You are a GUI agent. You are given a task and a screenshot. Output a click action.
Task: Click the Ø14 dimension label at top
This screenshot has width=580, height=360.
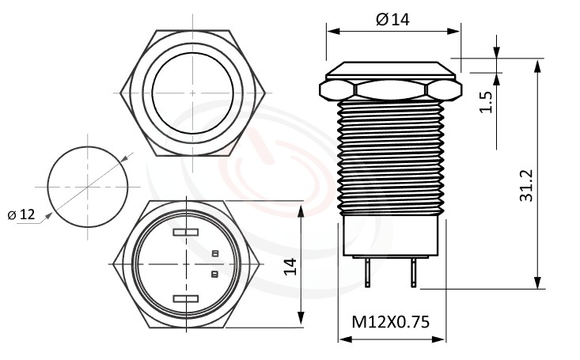point(393,20)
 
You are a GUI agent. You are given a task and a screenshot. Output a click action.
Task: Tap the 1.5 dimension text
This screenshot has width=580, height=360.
point(487,102)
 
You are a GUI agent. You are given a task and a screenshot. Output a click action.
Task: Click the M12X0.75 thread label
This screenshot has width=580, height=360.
point(389,322)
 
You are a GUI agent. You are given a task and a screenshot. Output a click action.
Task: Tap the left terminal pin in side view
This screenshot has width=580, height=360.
point(368,274)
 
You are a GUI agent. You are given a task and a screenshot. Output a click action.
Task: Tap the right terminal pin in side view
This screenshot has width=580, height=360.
point(412,274)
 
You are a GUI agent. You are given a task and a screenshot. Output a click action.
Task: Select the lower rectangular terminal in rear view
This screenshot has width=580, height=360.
point(184,298)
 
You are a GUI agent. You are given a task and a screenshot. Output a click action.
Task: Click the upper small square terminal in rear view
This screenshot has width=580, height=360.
point(214,253)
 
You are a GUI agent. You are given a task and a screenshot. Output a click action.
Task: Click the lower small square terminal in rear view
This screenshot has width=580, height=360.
point(214,274)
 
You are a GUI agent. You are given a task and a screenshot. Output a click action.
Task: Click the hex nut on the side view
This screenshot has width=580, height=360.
point(392,89)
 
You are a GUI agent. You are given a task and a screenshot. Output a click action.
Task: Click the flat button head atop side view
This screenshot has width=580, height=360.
point(392,69)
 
